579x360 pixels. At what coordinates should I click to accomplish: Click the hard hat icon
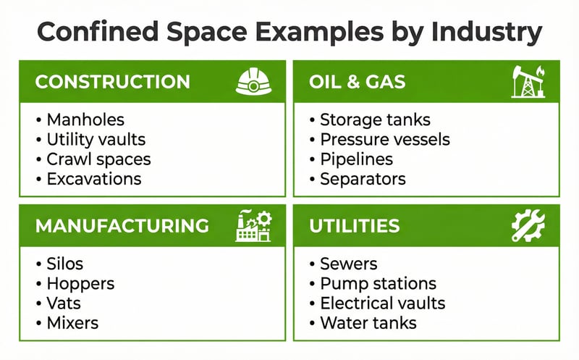[x=253, y=81]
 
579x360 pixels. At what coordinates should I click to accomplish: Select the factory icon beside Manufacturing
[x=253, y=225]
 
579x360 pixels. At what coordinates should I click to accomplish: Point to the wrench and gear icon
[x=528, y=225]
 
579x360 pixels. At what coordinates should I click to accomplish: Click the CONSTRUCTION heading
[x=112, y=81]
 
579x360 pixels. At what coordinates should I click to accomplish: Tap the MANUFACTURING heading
[x=122, y=225]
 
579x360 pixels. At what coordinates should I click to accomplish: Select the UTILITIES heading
[x=354, y=225]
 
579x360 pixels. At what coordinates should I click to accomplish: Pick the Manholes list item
[x=85, y=120]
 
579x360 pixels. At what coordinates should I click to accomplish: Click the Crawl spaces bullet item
[x=98, y=159]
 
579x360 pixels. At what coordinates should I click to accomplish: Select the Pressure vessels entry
[x=384, y=139]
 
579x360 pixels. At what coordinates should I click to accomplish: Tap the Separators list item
[x=363, y=178]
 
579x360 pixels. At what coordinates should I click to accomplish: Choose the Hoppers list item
[x=80, y=283]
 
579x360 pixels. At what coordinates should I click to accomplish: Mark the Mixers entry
[x=72, y=322]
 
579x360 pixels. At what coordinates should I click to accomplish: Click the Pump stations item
[x=378, y=283]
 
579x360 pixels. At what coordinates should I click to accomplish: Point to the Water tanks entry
[x=368, y=322]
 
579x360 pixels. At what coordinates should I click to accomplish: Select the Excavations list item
[x=94, y=178]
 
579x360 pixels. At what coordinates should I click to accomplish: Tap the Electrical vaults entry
[x=382, y=303]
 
